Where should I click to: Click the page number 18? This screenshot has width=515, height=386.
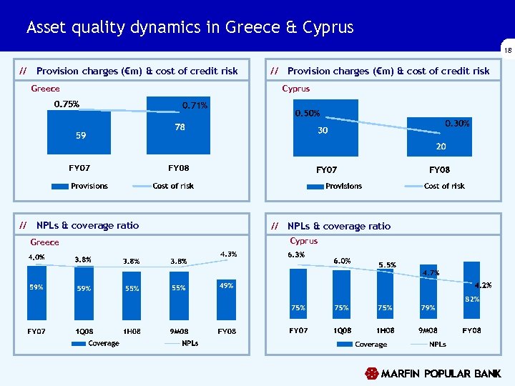click(x=507, y=51)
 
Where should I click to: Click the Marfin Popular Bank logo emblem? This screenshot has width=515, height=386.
click(x=371, y=374)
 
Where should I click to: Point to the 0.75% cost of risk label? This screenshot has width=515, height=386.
click(x=67, y=104)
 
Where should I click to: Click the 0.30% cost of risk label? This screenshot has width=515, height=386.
click(x=457, y=124)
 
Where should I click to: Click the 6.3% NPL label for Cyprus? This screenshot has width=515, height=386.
click(x=296, y=254)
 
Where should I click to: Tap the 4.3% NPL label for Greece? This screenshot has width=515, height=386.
click(x=229, y=254)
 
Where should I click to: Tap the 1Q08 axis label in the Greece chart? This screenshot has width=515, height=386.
click(x=83, y=332)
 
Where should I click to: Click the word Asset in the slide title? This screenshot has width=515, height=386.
click(x=49, y=27)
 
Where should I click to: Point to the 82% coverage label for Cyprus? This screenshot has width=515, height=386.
click(x=471, y=299)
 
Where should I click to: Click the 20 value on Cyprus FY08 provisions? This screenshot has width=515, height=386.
click(x=441, y=147)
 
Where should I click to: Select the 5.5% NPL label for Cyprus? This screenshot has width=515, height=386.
click(x=386, y=264)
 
